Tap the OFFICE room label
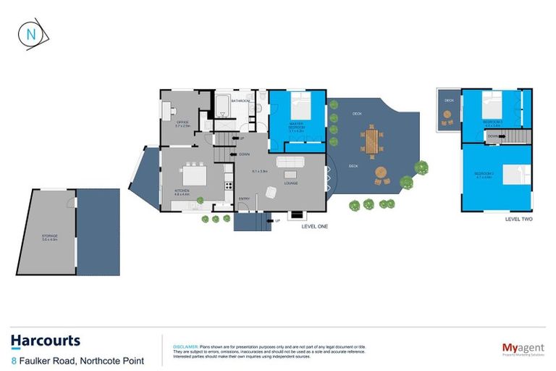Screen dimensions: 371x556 pos(182,122)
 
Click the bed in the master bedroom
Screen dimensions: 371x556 pos(300,108)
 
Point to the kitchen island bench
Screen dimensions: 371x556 pos(193,175)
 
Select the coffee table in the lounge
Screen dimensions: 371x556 pos(290,175)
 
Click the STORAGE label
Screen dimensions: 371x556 pos(49,236)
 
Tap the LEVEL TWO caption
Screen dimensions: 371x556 pos(518,217)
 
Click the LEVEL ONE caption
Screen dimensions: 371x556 pos(315,227)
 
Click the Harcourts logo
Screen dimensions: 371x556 pos(45,341)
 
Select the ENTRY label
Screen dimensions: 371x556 pos(244,199)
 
